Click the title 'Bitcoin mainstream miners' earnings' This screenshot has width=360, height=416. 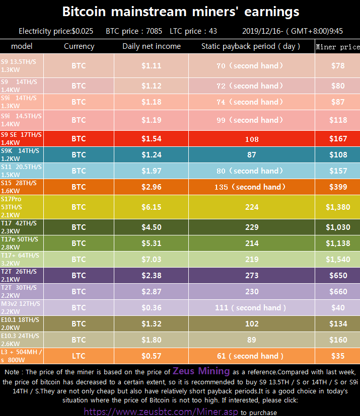[x=180, y=12]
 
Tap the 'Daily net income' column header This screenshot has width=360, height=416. [x=151, y=46]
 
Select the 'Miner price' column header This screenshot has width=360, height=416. [x=337, y=47]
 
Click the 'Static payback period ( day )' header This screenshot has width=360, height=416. [x=251, y=46]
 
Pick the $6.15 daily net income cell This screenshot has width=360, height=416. [x=151, y=207]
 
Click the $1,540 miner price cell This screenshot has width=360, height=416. [x=337, y=259]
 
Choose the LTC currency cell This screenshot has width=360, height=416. [x=79, y=356]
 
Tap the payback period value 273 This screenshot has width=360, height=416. [x=251, y=275]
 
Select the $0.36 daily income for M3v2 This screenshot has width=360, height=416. [x=151, y=307]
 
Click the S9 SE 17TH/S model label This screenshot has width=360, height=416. [x=21, y=138]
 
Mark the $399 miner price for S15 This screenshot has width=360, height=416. [x=337, y=187]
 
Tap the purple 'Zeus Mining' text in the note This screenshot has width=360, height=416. [x=201, y=372]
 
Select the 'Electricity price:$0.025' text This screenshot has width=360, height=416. [x=56, y=31]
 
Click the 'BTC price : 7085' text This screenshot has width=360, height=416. [x=134, y=31]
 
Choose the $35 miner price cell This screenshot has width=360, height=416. [x=337, y=356]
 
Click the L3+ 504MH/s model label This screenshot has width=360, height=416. [x=21, y=356]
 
